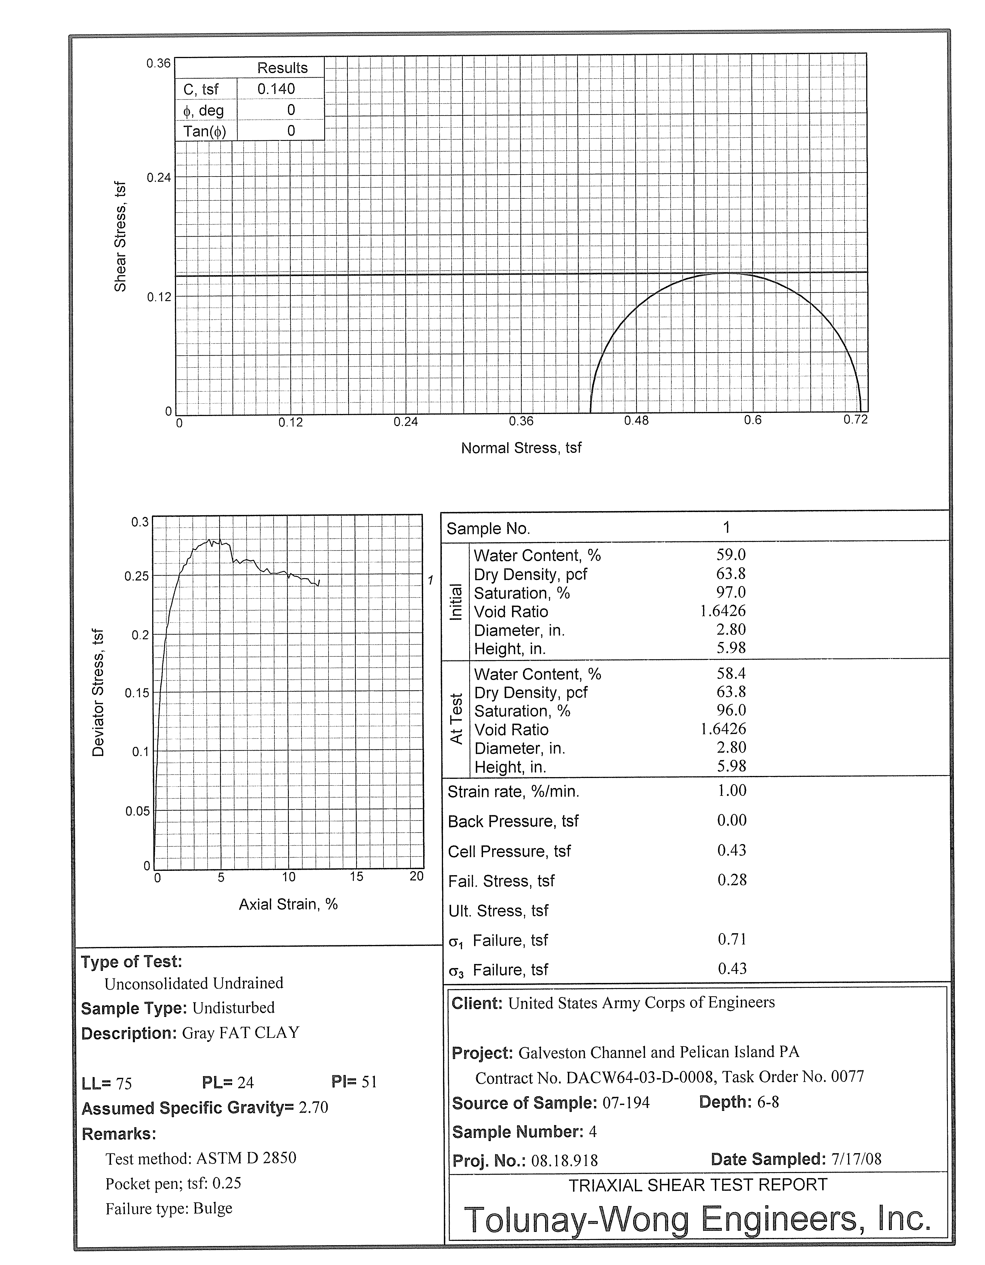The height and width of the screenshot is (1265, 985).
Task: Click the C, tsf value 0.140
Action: click(276, 89)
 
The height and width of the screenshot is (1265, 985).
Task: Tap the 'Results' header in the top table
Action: click(282, 68)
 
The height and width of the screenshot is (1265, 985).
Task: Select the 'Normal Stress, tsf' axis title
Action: click(521, 448)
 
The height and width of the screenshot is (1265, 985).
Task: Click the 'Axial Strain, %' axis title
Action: click(288, 904)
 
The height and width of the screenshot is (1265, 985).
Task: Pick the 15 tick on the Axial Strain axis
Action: click(356, 877)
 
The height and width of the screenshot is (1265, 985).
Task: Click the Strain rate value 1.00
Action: click(732, 791)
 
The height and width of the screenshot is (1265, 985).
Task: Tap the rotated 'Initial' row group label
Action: click(456, 602)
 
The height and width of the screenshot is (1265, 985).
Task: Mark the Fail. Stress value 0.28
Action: click(732, 880)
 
